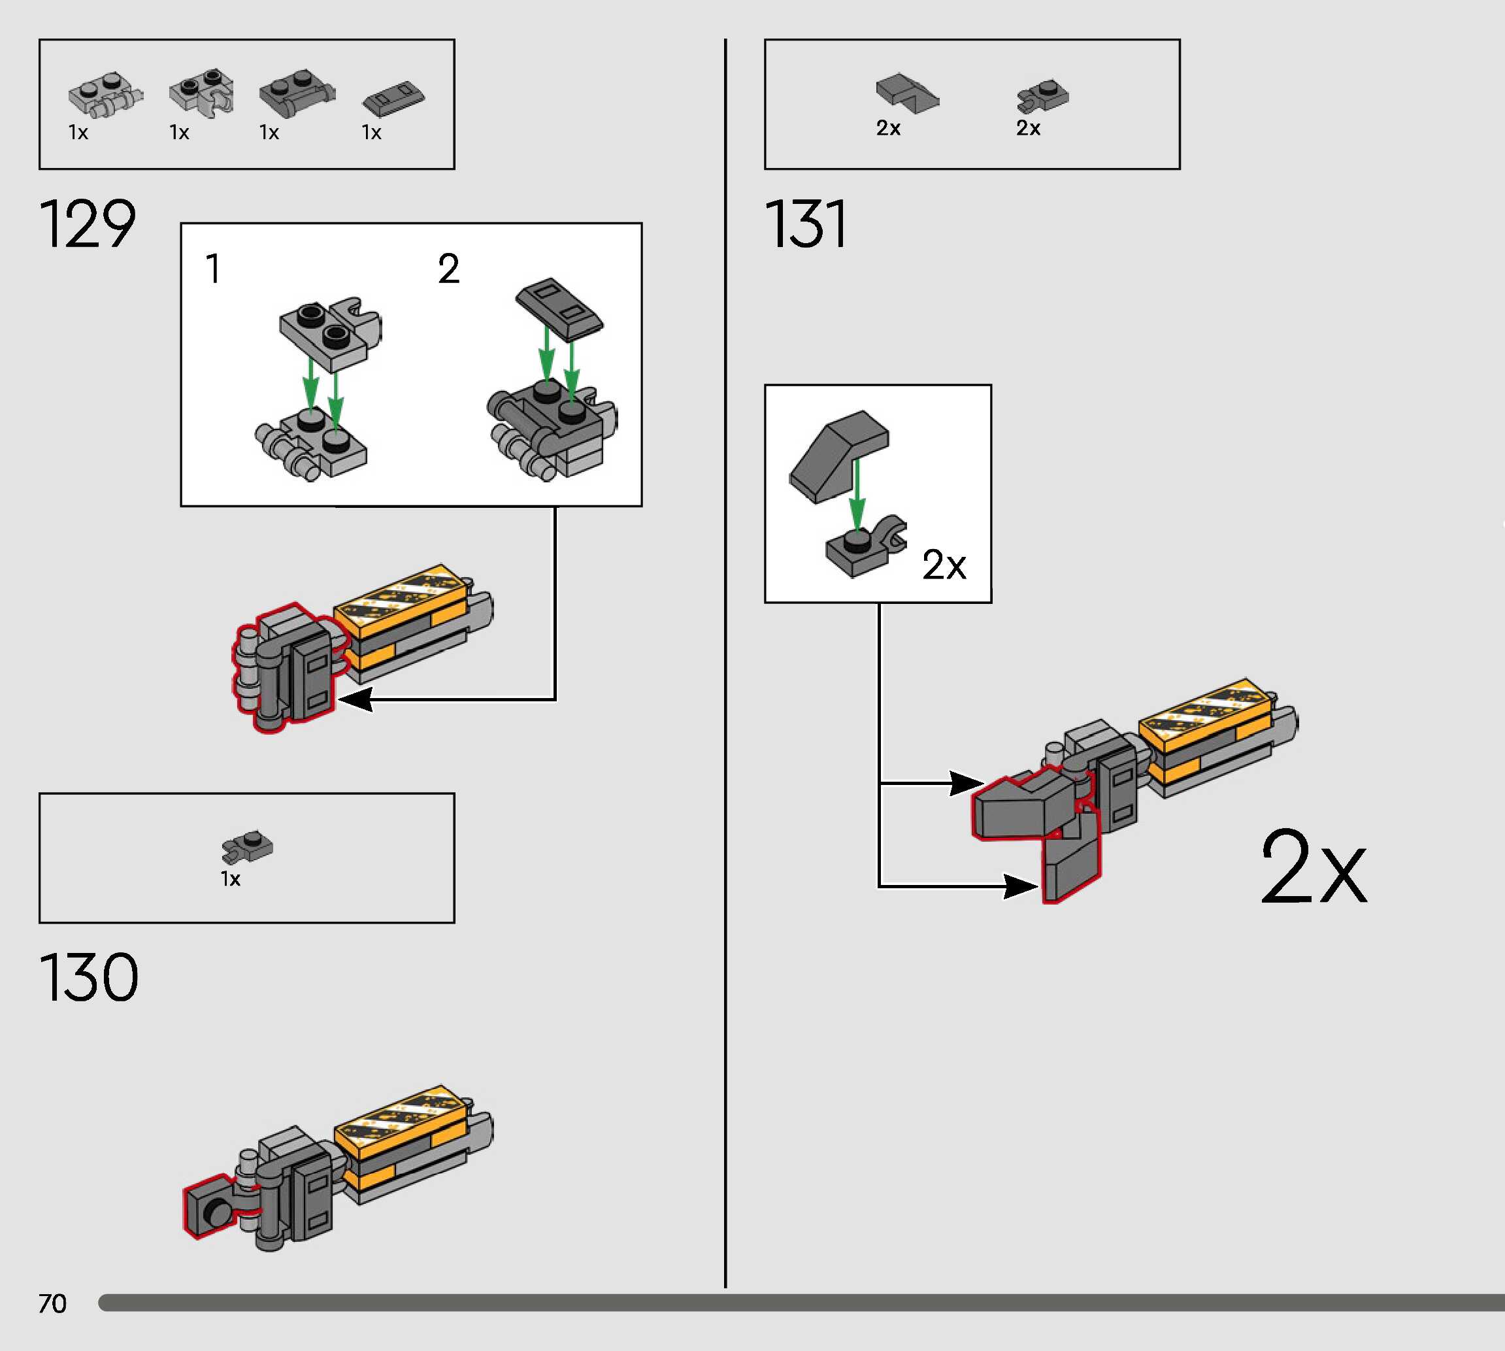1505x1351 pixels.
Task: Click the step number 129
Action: pyautogui.click(x=88, y=224)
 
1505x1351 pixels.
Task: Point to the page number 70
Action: pyautogui.click(x=52, y=1303)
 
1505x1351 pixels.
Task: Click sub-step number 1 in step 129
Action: pyautogui.click(x=213, y=268)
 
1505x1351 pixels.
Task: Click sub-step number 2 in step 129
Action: pyautogui.click(x=448, y=268)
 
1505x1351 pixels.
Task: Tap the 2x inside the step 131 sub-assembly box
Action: pyautogui.click(x=943, y=565)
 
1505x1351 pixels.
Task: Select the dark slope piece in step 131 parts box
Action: pyautogui.click(x=906, y=93)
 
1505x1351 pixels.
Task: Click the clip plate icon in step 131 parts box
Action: pyautogui.click(x=1043, y=96)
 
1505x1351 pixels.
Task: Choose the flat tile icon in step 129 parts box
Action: pyautogui.click(x=393, y=98)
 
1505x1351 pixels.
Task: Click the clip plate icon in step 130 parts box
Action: pyautogui.click(x=247, y=846)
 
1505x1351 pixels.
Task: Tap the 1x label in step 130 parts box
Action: pyautogui.click(x=231, y=879)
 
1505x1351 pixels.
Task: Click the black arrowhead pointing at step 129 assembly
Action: pyautogui.click(x=355, y=699)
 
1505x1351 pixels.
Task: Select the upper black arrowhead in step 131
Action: pyautogui.click(x=967, y=783)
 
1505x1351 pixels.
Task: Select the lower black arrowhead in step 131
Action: pyautogui.click(x=1019, y=886)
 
